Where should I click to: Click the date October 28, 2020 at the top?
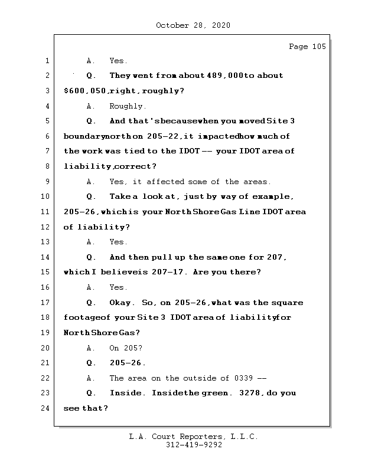(193, 25)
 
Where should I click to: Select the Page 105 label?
(307, 47)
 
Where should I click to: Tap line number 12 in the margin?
(47, 227)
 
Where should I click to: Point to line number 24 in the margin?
(47, 408)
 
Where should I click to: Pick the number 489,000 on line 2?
(226, 76)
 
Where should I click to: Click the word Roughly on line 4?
(128, 106)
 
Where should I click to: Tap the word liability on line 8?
(87, 166)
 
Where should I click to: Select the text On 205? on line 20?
(126, 348)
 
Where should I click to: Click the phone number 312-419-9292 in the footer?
(194, 445)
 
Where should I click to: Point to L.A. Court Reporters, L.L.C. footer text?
(194, 437)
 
